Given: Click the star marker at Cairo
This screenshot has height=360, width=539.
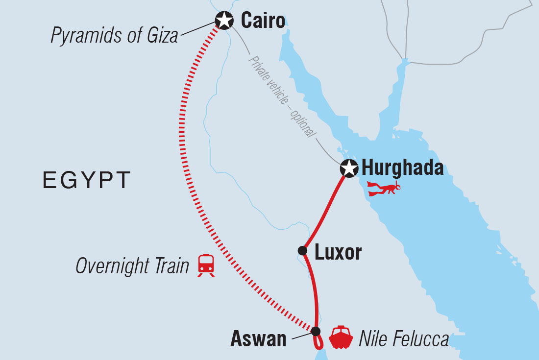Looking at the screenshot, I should coord(224,20).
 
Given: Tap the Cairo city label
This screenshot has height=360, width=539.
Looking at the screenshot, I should coord(263,21).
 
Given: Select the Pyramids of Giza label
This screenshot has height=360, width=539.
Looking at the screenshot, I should coord(115,36).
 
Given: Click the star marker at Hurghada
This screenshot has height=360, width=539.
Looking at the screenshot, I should coord(349,168).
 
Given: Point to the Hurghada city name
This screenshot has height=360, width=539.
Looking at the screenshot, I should coord(402,168).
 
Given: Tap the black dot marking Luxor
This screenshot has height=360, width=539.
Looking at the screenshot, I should coord(302,251).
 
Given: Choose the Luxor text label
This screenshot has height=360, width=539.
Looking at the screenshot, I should coord(338,252).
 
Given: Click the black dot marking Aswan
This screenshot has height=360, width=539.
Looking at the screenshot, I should coord(316,331).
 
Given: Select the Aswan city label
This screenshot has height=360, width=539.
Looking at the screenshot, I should coord(258,339).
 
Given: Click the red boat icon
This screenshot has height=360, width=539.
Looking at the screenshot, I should coord(341,337).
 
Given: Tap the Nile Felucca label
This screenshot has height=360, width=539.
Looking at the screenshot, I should coord(403,339).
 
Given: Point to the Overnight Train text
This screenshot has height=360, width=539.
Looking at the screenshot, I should coord(132,266).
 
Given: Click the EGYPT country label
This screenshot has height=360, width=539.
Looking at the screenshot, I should coord(87,180).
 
